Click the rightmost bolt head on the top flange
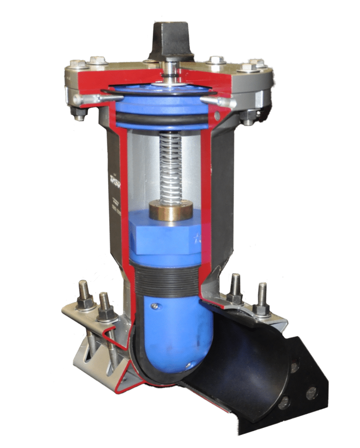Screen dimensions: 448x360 coord(257,64)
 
